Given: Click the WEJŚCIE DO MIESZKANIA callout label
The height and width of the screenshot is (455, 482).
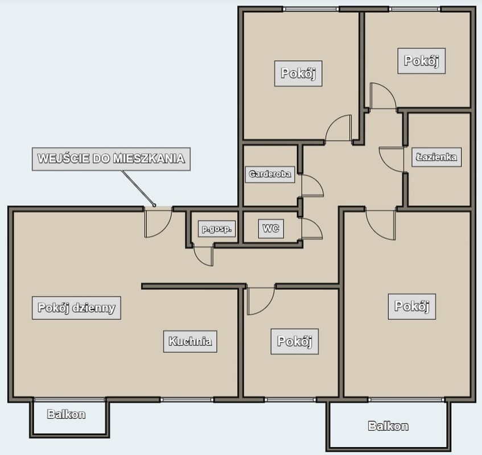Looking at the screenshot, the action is pyautogui.click(x=112, y=159).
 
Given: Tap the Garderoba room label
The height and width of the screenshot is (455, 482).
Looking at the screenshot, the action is pyautogui.click(x=270, y=174).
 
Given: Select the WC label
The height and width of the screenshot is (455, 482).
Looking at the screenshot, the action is pyautogui.click(x=271, y=229).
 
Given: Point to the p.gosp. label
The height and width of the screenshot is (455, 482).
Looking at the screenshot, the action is pyautogui.click(x=217, y=229).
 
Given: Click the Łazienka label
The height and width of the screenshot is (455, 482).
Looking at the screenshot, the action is pyautogui.click(x=436, y=157).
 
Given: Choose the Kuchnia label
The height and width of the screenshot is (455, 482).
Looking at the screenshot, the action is pyautogui.click(x=190, y=341).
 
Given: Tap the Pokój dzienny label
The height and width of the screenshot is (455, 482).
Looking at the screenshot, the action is pyautogui.click(x=76, y=308).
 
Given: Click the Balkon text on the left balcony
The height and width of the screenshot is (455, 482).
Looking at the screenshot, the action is pyautogui.click(x=67, y=414).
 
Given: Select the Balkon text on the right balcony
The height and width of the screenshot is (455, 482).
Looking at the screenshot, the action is pyautogui.click(x=388, y=426).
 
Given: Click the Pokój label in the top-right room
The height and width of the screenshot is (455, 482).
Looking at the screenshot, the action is pyautogui.click(x=422, y=61).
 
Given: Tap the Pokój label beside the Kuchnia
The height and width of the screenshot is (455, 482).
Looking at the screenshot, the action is pyautogui.click(x=294, y=341).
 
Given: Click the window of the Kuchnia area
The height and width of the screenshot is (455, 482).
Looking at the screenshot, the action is pyautogui.click(x=187, y=400).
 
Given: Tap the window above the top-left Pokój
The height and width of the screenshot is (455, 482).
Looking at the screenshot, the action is pyautogui.click(x=311, y=9).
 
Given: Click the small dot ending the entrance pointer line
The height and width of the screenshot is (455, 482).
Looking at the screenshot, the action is pyautogui.click(x=154, y=205).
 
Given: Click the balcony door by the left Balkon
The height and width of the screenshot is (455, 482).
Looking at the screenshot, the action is pyautogui.click(x=69, y=400).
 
